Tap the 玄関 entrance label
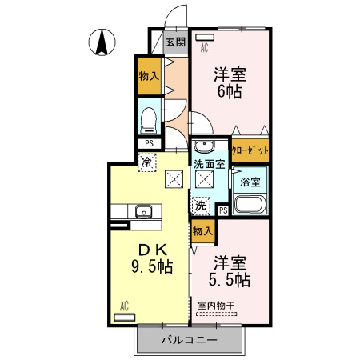(175, 42)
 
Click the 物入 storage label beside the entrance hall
(148, 77)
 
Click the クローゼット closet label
(249, 150)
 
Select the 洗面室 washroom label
(210, 164)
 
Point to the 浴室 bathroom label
(250, 182)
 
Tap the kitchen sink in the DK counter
(144, 212)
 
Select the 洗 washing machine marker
(200, 205)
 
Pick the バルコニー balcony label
(188, 339)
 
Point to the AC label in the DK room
(125, 305)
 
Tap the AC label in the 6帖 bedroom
(205, 47)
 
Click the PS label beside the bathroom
(223, 210)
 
